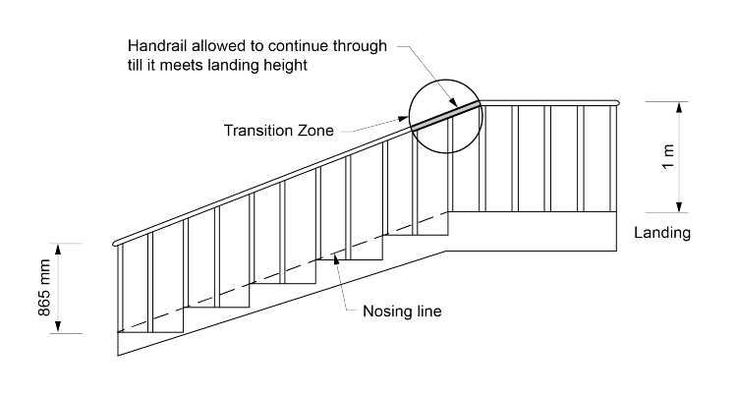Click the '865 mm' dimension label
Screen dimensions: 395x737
click(x=37, y=288)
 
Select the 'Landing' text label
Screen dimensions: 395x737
click(x=662, y=234)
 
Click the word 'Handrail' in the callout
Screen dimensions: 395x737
click(x=158, y=45)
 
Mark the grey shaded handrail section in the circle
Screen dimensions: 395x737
click(x=445, y=114)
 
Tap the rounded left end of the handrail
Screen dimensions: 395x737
click(x=118, y=242)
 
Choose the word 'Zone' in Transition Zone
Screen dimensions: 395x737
click(x=312, y=131)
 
